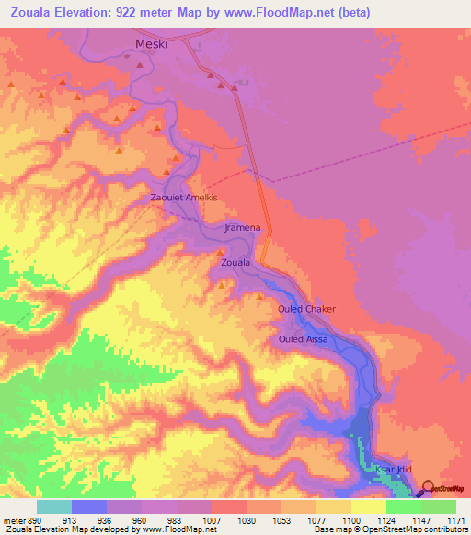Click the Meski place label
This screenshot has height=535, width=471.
(152, 43)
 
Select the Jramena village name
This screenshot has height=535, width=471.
(243, 227)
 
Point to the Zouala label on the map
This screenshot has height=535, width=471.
(235, 263)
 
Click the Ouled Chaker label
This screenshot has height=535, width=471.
(306, 309)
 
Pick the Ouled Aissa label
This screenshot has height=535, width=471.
(304, 339)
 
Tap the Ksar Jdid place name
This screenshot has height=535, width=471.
(393, 470)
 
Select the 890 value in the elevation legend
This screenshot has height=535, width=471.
(32, 519)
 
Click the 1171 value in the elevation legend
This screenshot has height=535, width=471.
(456, 519)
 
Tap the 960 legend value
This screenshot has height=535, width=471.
(140, 519)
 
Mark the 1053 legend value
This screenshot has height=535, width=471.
(281, 519)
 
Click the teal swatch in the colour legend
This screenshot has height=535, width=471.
(54, 507)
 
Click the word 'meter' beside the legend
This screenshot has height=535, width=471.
(12, 519)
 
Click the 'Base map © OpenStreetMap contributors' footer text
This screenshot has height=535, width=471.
(389, 529)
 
